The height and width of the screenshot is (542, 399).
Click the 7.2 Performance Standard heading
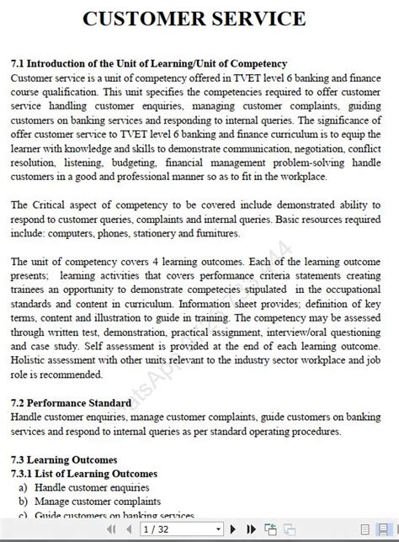71,403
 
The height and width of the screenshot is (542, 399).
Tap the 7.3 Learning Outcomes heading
64,460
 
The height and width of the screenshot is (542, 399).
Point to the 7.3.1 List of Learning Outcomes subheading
83,474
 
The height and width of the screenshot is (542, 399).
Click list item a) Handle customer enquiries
80,488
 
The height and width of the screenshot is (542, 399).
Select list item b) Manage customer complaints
84,502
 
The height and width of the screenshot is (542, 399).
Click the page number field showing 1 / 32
177,529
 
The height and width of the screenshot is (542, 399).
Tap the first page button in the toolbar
114,529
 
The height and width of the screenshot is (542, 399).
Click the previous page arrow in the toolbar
130,529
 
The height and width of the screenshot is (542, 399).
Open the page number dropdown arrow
219,529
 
